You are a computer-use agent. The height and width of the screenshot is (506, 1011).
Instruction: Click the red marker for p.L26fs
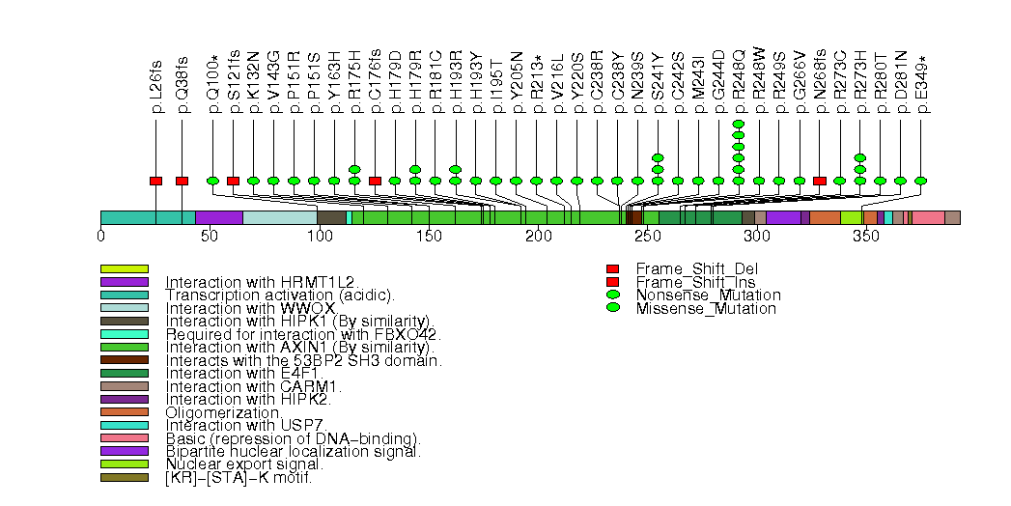click(x=155, y=181)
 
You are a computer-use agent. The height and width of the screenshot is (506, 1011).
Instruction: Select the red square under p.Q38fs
click(x=182, y=181)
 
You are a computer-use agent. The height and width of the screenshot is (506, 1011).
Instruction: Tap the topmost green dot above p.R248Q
click(x=739, y=124)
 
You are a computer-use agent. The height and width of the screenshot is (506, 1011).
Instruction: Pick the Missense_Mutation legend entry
click(x=706, y=309)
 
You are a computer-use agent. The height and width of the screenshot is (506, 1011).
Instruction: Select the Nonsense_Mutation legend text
click(x=708, y=295)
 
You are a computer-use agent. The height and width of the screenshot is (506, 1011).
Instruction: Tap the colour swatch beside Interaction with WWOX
click(x=124, y=308)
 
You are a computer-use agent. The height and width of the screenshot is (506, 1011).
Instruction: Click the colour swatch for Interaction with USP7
click(x=124, y=425)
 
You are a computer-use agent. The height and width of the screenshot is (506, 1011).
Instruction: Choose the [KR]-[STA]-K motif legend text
click(x=239, y=477)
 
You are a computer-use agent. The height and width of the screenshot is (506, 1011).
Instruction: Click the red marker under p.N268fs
click(x=820, y=181)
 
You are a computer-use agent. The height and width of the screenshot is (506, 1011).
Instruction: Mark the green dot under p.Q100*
click(x=212, y=181)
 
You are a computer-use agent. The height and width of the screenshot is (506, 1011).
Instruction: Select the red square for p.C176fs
click(x=375, y=181)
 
